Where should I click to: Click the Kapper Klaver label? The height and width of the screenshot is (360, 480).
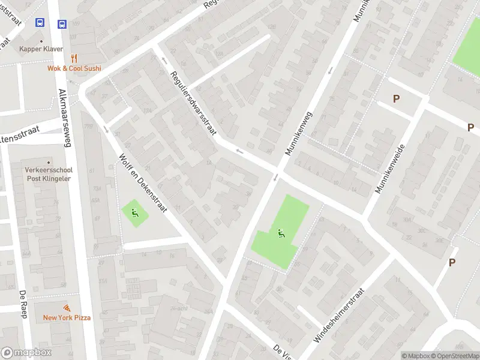tap(41, 49)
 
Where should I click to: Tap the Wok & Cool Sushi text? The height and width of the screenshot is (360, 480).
tap(74, 68)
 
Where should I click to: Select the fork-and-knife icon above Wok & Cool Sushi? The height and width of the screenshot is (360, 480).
tap(74, 58)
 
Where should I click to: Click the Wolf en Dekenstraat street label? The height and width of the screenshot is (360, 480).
tap(143, 184)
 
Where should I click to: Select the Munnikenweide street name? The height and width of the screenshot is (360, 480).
tap(390, 169)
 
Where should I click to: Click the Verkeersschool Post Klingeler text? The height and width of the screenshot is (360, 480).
tap(48, 174)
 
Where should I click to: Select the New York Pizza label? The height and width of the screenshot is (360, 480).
tap(67, 317)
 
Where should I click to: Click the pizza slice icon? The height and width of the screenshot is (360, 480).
tap(67, 307)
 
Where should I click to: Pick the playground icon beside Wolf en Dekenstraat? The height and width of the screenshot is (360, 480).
tap(133, 211)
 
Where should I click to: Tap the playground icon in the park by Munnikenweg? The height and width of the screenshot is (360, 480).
tap(280, 233)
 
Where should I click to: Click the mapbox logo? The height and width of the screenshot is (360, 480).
tap(26, 353)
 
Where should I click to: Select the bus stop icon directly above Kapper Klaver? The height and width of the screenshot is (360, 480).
tap(40, 23)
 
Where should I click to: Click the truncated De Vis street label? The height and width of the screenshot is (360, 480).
tap(282, 350)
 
